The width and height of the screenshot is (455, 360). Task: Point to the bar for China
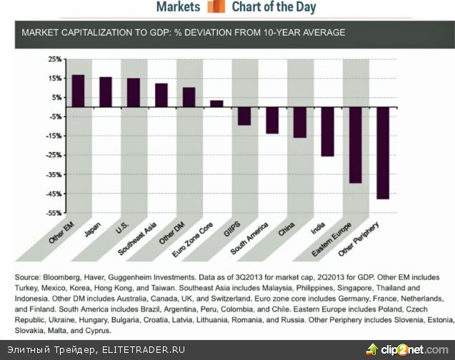pos(300,122)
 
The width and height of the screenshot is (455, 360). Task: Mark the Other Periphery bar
pos(383,153)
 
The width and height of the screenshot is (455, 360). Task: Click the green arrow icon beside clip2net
pos(372,349)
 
